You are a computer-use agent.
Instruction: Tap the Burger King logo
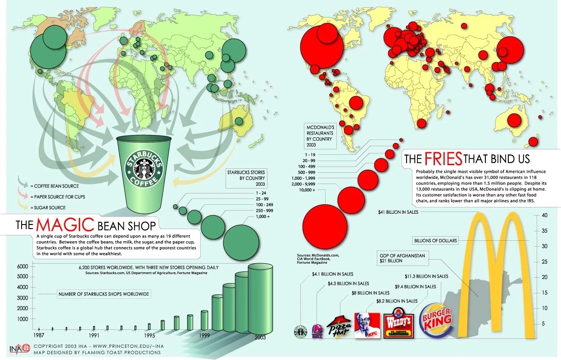point(435,322)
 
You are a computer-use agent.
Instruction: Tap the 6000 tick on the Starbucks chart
point(23,266)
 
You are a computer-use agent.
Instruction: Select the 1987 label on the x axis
point(39,336)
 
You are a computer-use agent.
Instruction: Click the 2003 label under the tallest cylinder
point(260,337)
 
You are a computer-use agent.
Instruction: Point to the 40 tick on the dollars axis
point(544,215)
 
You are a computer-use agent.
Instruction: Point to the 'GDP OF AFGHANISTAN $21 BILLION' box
point(403,257)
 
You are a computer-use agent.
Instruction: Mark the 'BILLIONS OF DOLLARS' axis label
point(435,241)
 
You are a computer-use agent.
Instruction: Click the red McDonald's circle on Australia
point(514,120)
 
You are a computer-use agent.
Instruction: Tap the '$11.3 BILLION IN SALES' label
point(426,276)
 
